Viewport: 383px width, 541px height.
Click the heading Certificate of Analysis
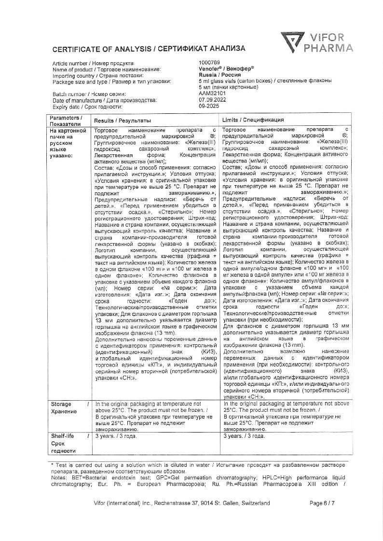coord(149,49)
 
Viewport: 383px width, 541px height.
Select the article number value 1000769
coord(209,63)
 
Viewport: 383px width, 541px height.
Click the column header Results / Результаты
coord(122,120)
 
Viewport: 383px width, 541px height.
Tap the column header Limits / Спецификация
coord(253,120)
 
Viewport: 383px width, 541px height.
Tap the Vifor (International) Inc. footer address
coord(183,503)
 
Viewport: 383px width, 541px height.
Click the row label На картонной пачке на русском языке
coord(68,143)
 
